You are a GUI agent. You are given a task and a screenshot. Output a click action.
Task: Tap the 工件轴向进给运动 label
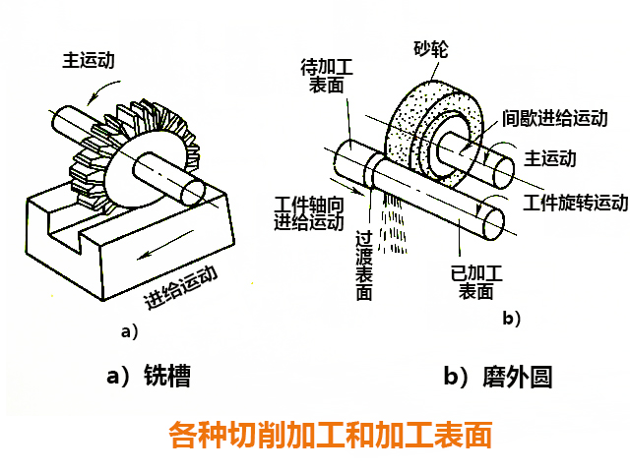pyautogui.click(x=307, y=211)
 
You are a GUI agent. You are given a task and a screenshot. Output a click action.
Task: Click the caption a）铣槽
pyautogui.click(x=149, y=376)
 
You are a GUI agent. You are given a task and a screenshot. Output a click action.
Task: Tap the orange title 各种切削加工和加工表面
pyautogui.click(x=330, y=434)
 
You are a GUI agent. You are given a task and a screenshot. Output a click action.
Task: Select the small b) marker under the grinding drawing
pyautogui.click(x=511, y=318)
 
